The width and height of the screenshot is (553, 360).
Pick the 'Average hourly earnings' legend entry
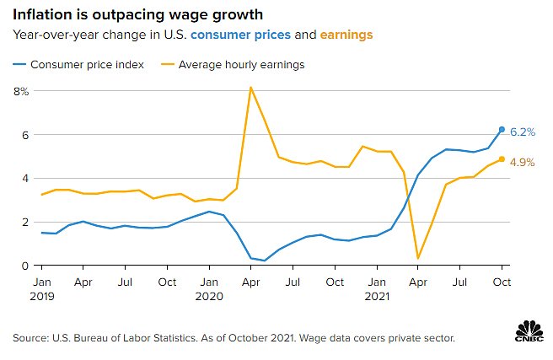pyautogui.click(x=244, y=64)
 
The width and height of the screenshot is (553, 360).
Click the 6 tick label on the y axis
pyautogui.click(x=25, y=135)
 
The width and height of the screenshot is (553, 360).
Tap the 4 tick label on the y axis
pyautogui.click(x=25, y=179)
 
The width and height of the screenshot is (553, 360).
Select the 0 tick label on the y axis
pyautogui.click(x=25, y=266)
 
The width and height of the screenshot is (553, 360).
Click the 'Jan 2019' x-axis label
pyautogui.click(x=41, y=287)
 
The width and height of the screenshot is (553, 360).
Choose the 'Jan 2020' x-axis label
pyautogui.click(x=208, y=287)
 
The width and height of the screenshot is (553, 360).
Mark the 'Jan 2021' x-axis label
pyautogui.click(x=376, y=287)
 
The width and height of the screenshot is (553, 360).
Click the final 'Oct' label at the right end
pyautogui.click(x=502, y=281)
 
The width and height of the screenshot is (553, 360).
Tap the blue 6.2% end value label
pyautogui.click(x=523, y=132)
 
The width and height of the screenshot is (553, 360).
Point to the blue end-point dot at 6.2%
pyautogui.click(x=502, y=130)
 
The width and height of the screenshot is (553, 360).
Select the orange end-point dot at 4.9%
pyautogui.click(x=502, y=159)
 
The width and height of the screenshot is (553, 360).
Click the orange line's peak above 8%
pyautogui.click(x=250, y=88)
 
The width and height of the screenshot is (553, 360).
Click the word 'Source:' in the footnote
pyautogui.click(x=31, y=338)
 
